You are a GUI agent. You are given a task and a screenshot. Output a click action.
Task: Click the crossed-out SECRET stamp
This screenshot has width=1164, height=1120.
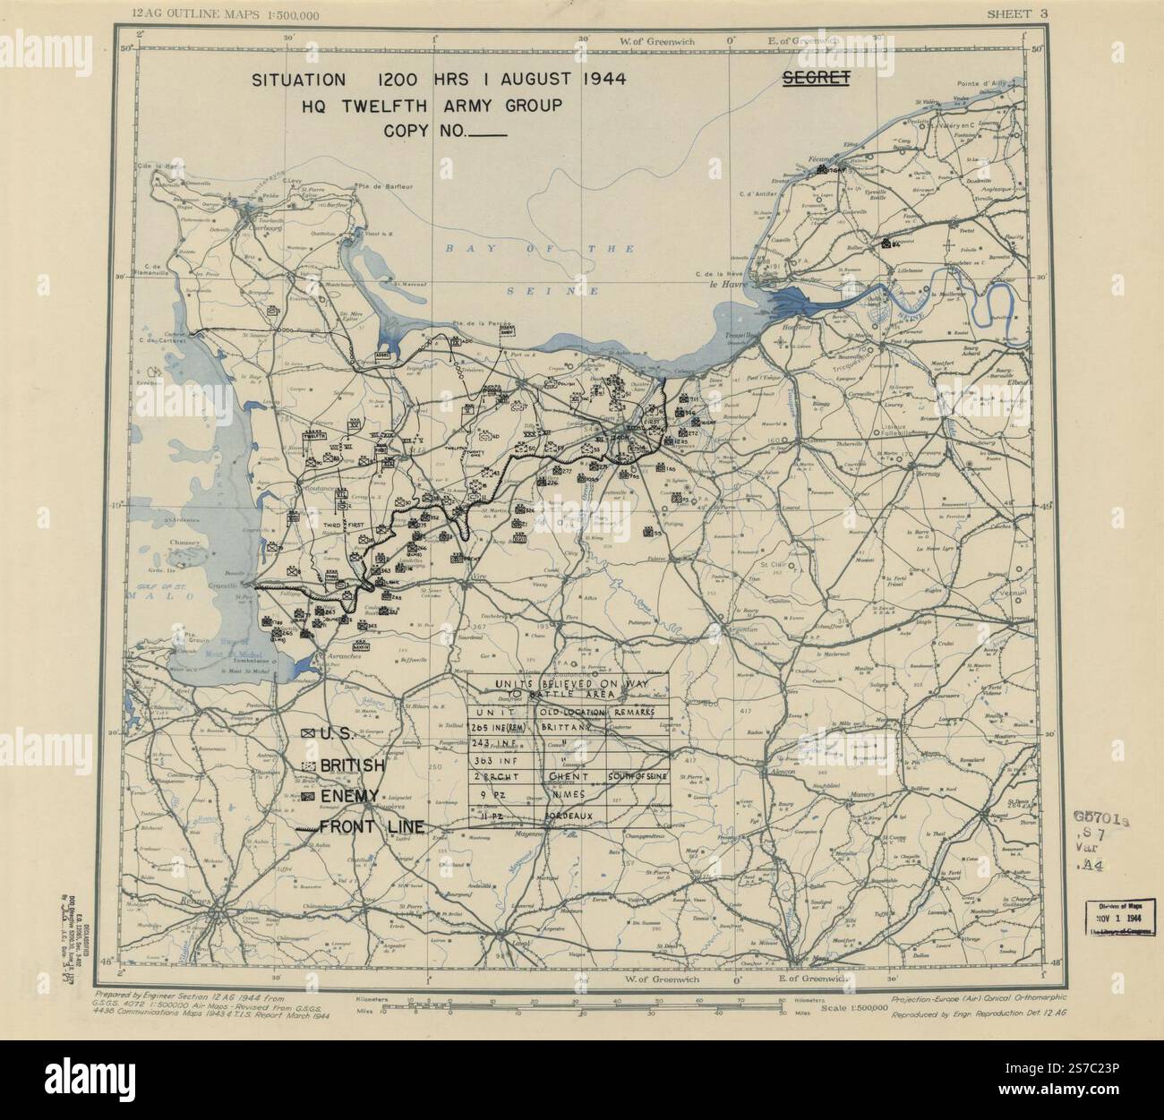816,78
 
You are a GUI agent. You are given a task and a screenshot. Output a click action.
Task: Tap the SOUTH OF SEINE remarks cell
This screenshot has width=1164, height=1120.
638,776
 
